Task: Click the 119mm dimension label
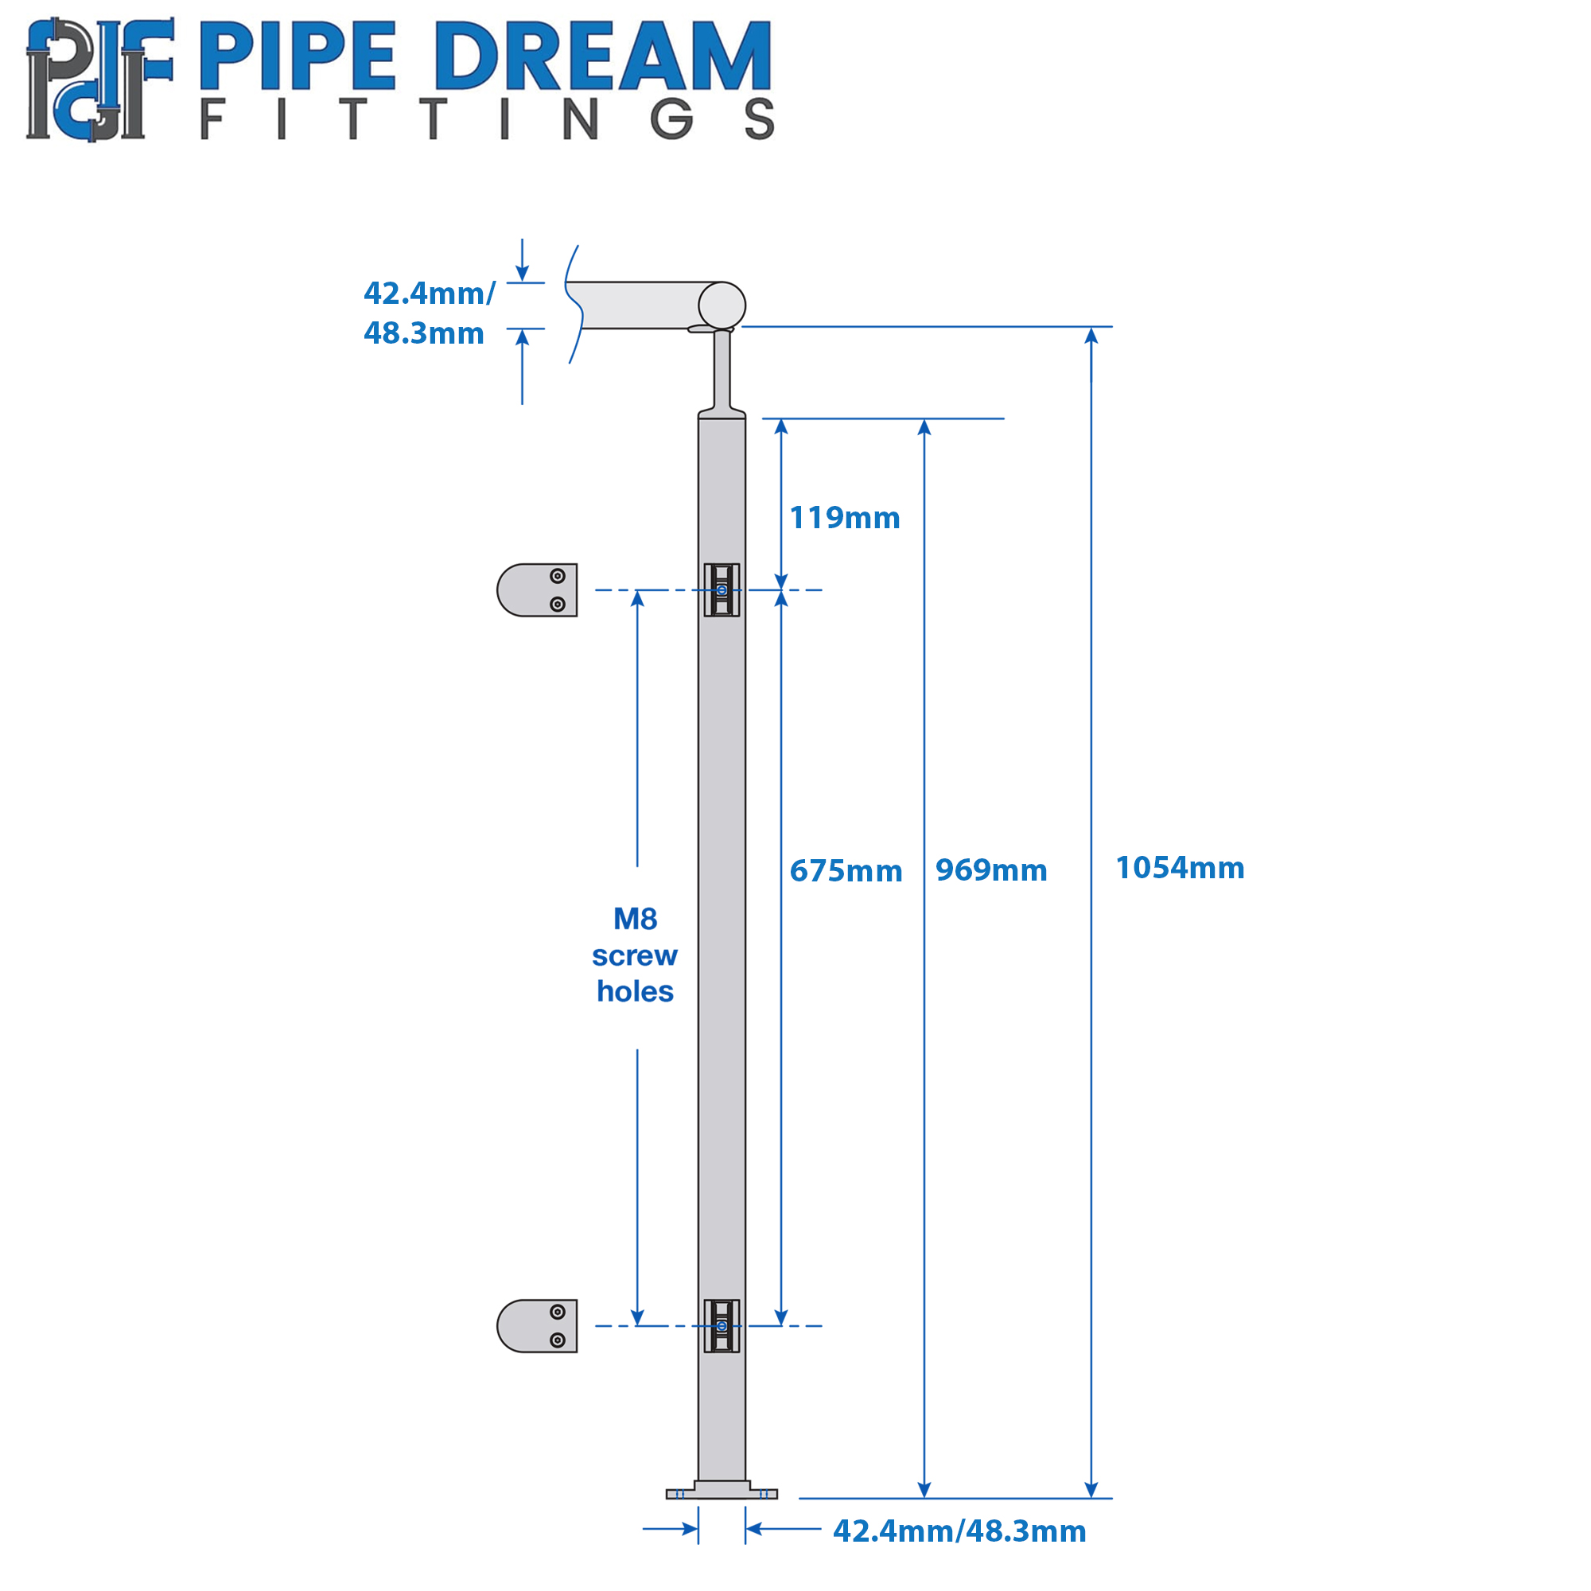coord(845,518)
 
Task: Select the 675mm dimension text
coord(846,871)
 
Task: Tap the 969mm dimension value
coord(991,870)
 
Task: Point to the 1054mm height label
coord(1180,868)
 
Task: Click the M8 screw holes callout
coord(635,955)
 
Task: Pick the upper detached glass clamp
coord(537,589)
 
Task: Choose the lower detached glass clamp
coord(537,1326)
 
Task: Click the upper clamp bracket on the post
coord(722,589)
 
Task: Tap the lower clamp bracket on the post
coord(722,1326)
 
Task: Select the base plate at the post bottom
coord(722,1492)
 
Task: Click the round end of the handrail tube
coord(722,305)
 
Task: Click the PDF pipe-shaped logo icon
coord(99,79)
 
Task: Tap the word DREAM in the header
coord(604,55)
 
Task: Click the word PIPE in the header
coord(298,55)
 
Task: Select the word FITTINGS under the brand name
coord(488,119)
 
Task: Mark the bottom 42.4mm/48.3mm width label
coord(959,1531)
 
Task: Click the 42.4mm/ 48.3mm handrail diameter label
coord(429,313)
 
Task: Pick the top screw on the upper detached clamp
coord(558,576)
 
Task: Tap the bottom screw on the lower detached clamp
coord(558,1340)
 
